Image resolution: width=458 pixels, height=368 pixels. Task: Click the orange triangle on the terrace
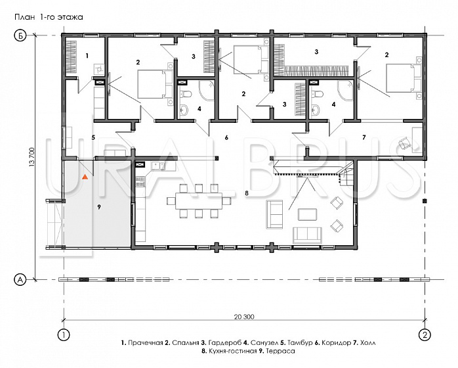coord(85,177)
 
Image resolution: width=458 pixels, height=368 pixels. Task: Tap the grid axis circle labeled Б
coord(20,36)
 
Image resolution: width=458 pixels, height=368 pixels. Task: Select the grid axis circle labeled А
coord(20,280)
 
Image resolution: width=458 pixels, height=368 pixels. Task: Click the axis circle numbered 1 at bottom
coord(64,334)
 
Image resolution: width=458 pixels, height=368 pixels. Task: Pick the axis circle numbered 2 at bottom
coord(425,334)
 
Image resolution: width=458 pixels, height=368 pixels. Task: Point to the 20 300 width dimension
coord(244,317)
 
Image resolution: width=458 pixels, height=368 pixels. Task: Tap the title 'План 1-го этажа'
coord(49,17)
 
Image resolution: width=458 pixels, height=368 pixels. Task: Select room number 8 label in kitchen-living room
coord(247,193)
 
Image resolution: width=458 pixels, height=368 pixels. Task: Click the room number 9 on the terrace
coord(99,207)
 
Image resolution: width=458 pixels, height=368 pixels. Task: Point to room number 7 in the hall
coord(364,137)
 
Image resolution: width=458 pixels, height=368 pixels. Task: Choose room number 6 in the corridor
coord(226,137)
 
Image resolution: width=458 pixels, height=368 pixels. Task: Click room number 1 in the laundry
coord(87,55)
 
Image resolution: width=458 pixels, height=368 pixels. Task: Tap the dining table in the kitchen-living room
coord(199,200)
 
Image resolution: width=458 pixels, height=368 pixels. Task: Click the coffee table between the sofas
coord(307,214)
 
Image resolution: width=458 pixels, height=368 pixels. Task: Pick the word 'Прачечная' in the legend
coord(146,343)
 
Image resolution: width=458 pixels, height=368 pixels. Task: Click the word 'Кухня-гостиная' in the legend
coord(232,351)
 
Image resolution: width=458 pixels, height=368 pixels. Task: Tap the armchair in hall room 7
coord(404,143)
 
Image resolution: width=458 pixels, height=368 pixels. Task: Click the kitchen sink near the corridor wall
coord(158,166)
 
